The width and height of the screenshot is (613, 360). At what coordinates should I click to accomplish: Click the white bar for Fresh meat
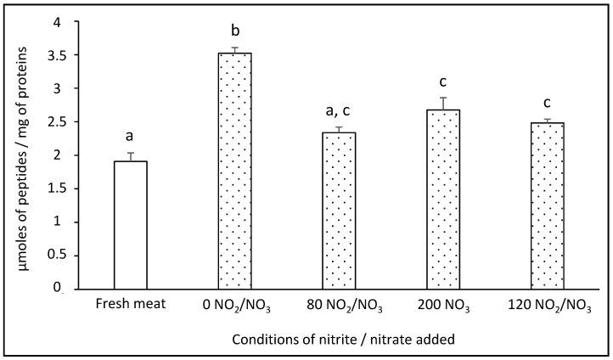coord(130,225)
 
